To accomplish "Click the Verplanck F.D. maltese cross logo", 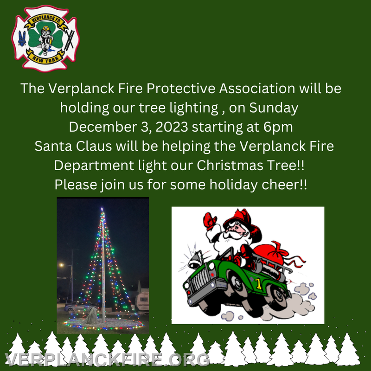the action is (45, 38).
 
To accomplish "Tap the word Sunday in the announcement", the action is (274, 108).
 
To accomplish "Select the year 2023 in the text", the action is (172, 127).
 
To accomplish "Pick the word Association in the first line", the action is (257, 89).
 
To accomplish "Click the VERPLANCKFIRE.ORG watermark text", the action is (107, 360).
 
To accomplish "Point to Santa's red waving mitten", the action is (210, 221).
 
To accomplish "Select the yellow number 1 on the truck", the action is (258, 284).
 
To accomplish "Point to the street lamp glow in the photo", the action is (62, 265).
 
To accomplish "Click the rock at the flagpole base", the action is (91, 315).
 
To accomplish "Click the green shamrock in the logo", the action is (45, 38).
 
